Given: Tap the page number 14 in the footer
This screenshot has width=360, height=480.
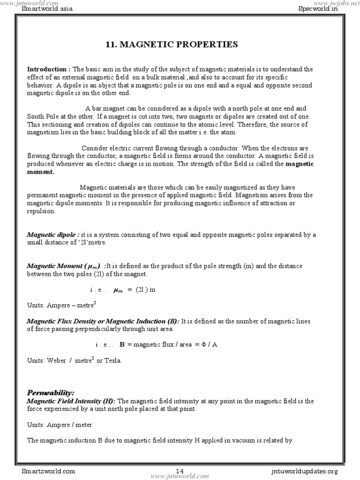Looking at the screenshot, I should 180,471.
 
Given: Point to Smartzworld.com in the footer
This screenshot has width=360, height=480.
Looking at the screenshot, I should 48,471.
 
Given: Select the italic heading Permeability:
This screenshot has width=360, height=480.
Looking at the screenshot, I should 51,392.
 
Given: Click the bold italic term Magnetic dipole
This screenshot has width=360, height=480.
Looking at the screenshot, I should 52,234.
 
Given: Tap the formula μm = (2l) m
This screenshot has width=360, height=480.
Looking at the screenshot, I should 134,290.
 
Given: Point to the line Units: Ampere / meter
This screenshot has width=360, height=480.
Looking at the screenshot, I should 60,425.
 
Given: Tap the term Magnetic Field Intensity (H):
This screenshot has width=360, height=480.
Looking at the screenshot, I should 71,401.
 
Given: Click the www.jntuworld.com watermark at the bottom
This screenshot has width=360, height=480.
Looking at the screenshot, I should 180,476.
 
